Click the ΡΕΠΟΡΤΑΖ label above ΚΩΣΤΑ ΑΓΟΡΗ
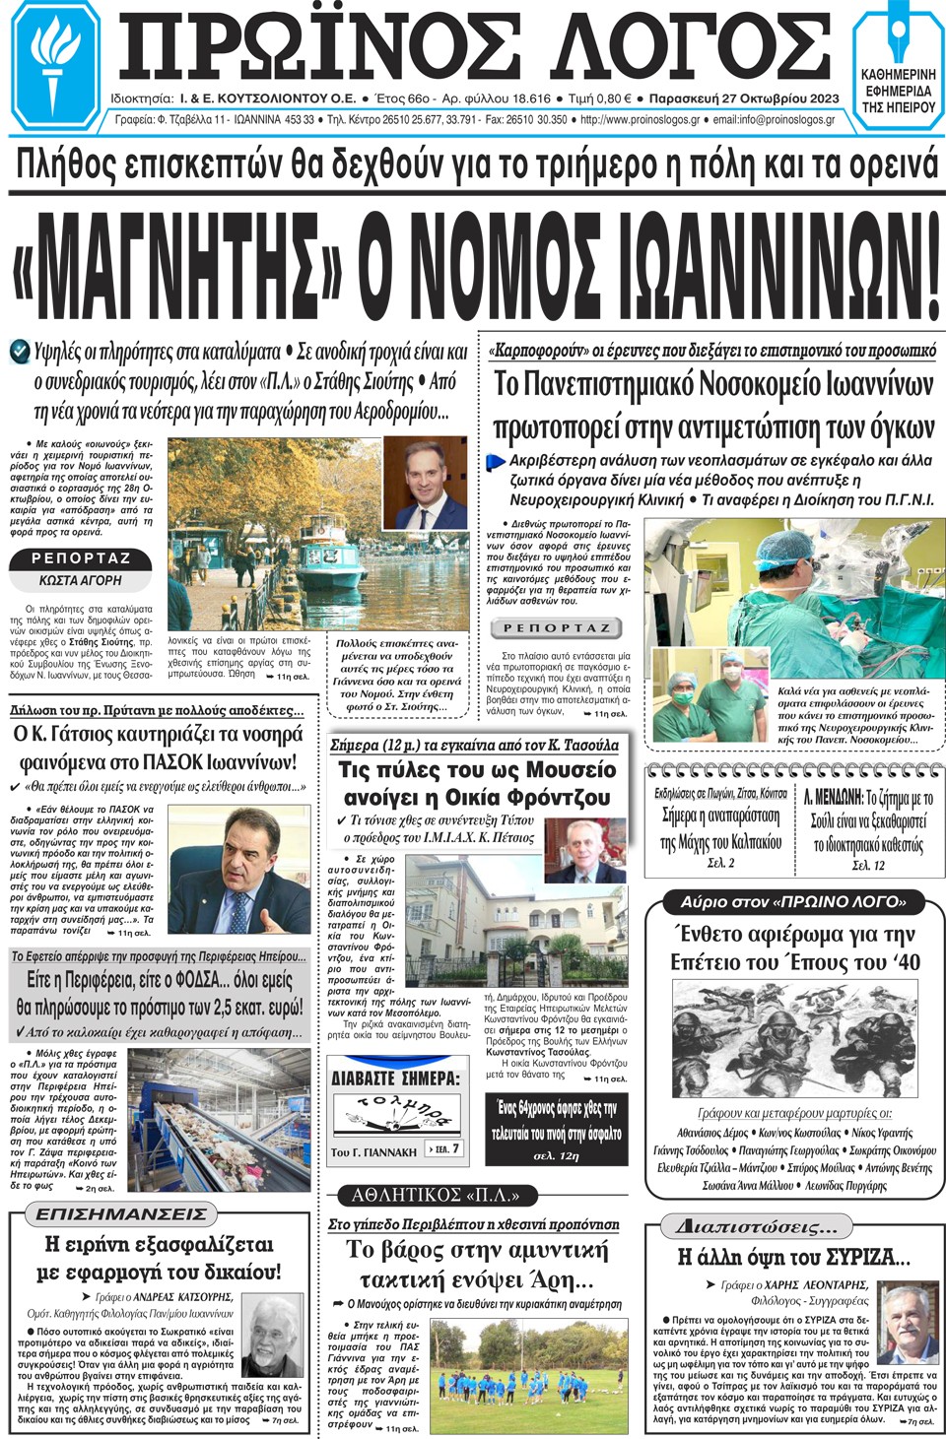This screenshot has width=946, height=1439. tap(81, 558)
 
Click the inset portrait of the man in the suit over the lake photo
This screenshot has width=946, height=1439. tap(425, 484)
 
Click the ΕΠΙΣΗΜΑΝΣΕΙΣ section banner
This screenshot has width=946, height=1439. tap(121, 1213)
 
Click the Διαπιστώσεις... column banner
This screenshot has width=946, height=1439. tap(763, 1226)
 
